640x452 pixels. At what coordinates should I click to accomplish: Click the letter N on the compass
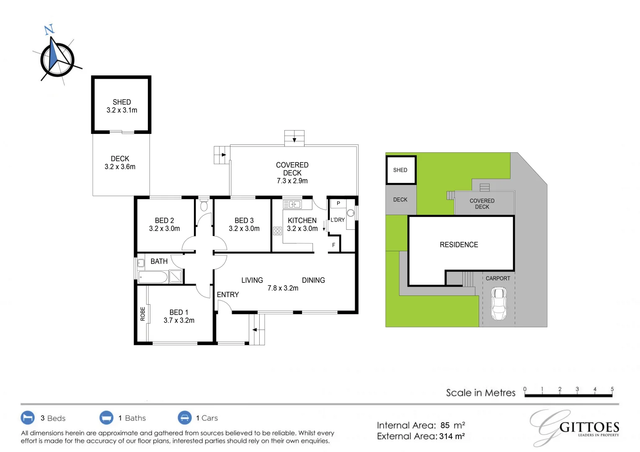point(49,29)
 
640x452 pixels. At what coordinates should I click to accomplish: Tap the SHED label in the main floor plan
point(121,102)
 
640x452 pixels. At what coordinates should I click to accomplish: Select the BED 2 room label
point(164,221)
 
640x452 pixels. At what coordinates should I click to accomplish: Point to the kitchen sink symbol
point(292,205)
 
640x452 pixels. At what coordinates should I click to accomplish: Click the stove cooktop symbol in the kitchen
point(277,231)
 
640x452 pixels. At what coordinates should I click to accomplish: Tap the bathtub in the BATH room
point(152,277)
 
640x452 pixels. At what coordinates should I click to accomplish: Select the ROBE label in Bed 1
point(143,314)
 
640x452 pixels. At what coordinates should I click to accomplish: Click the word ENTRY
point(228,295)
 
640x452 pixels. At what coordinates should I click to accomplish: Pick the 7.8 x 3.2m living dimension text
point(283,288)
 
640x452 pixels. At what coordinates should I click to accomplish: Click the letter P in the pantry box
point(338,203)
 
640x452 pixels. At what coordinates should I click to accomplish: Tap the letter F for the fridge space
point(334,245)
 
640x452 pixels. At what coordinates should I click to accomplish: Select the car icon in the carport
point(498,303)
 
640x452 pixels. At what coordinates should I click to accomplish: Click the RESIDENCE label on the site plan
point(459,245)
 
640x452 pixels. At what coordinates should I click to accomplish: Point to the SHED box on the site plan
point(401,170)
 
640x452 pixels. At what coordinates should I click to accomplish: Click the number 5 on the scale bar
point(612,389)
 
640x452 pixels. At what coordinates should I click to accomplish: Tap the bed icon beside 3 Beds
point(28,418)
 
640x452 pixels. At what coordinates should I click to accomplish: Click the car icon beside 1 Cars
point(185,418)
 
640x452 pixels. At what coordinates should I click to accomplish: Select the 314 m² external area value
point(452,437)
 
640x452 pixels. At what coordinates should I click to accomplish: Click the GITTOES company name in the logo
point(589,427)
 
